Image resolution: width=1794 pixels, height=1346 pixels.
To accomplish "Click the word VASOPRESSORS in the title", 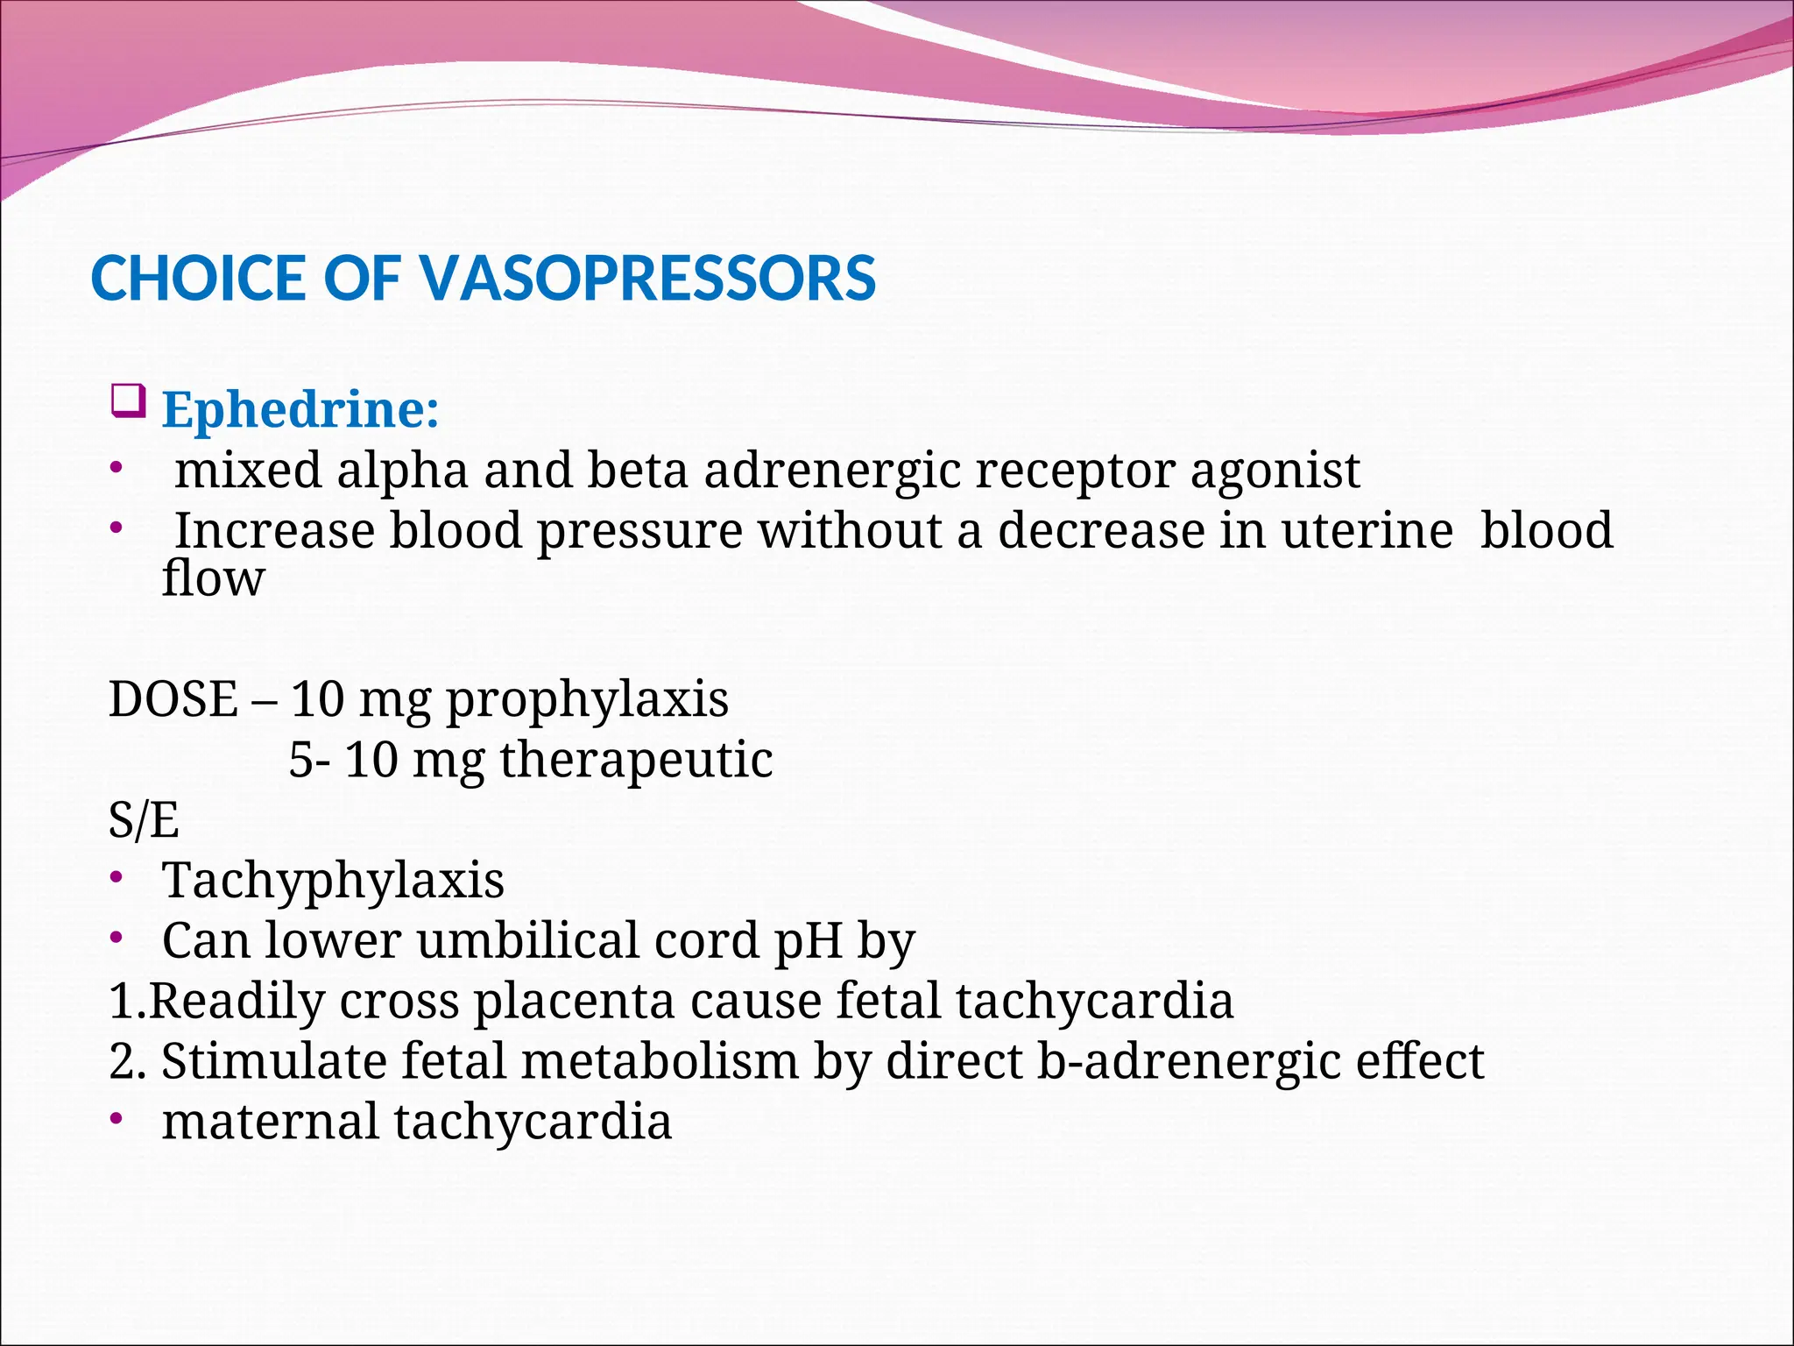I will pos(647,279).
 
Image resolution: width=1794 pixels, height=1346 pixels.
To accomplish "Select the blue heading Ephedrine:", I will pos(300,409).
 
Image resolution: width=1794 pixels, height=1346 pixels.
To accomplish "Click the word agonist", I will pos(1275,471).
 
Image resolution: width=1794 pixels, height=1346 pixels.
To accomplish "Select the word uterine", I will pos(1367,531).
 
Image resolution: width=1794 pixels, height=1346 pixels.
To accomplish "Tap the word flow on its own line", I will pos(213,579).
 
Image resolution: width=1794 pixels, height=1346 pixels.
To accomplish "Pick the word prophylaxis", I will pos(588,700).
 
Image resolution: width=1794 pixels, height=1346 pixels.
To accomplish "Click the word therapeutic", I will pos(637,760).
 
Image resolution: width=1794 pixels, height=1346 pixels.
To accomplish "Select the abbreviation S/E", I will pos(144,820).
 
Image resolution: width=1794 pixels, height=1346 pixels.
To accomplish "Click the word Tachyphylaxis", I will pos(333,881).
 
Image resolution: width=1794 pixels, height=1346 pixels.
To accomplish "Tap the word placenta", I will pos(575,1001).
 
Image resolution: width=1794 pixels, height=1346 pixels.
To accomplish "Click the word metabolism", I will pos(660,1061).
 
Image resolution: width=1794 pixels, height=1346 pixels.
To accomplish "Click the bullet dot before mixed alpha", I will pos(117,467).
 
